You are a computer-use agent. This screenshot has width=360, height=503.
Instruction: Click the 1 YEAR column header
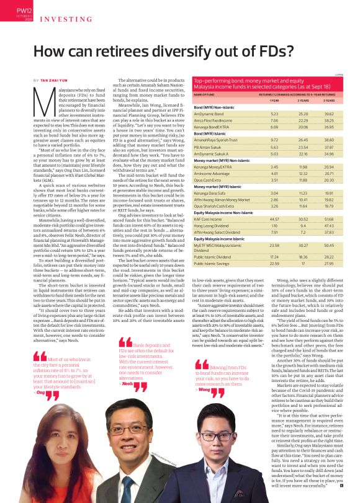(x=274, y=99)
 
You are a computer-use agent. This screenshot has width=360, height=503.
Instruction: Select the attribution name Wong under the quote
(x=202, y=389)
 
